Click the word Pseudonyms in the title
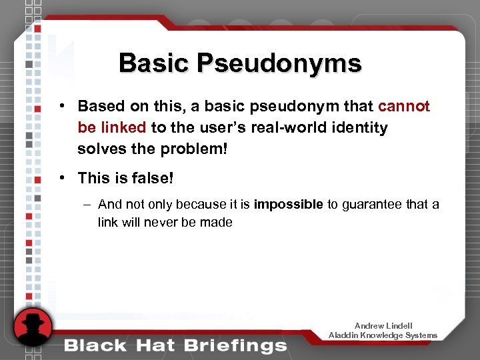278,63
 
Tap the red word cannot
404,107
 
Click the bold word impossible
288,205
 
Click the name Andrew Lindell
383,326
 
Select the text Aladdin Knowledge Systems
383,335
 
